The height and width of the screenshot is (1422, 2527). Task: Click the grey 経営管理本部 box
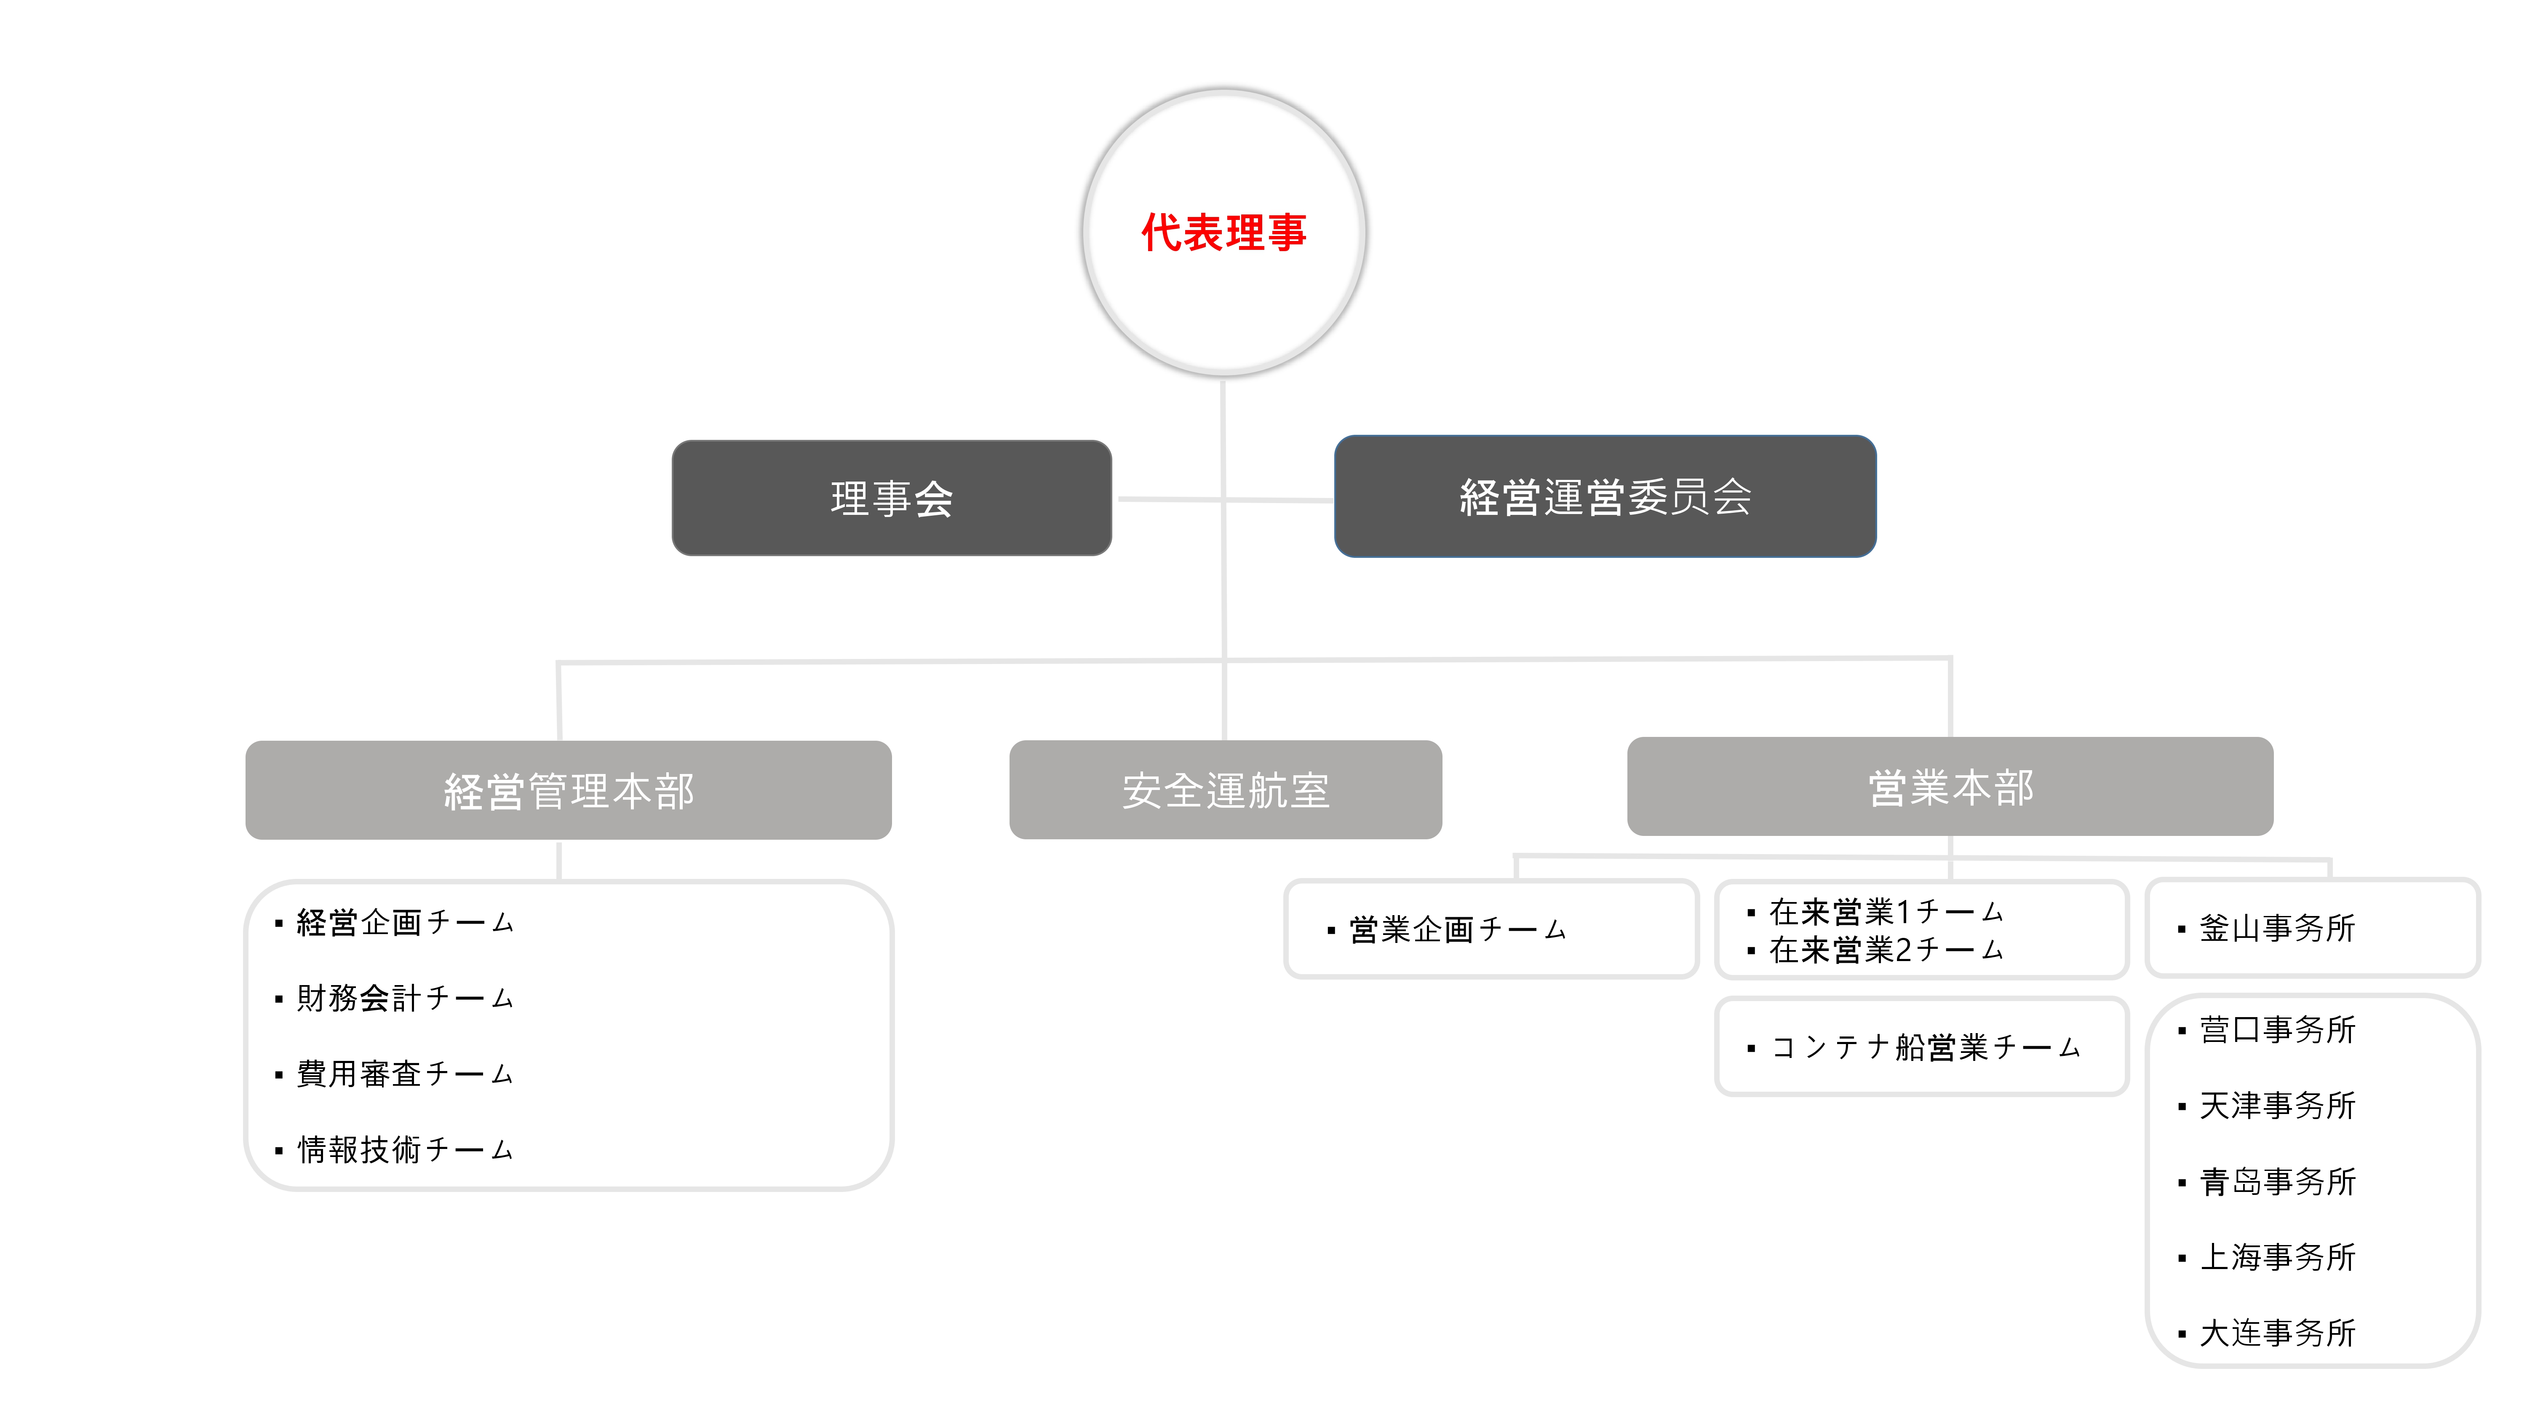tap(568, 790)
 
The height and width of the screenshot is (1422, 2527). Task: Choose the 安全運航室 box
tap(1225, 790)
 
